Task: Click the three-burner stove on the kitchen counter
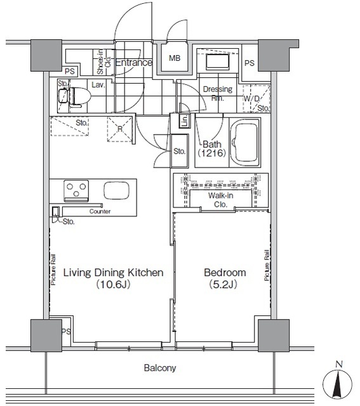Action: pos(76,191)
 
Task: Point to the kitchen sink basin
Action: pos(117,190)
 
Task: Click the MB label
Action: pos(175,58)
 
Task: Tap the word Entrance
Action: pos(134,62)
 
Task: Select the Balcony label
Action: pos(160,368)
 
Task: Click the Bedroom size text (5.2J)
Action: pos(223,285)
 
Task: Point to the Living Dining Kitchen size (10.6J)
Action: pos(113,285)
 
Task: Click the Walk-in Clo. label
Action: pos(220,200)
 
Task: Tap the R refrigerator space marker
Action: pos(120,129)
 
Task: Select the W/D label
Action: pos(251,99)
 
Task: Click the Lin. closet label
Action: pos(185,121)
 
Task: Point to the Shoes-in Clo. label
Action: pos(103,62)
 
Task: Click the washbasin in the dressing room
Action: pos(217,62)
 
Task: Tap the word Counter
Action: pos(100,211)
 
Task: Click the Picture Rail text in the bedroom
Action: pos(267,265)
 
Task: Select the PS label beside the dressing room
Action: pos(250,63)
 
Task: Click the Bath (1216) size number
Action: pos(212,154)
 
